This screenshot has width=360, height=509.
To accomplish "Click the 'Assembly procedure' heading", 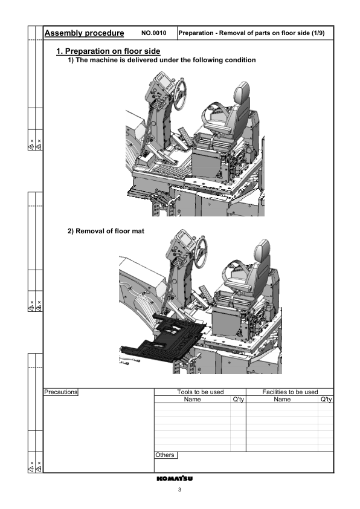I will (x=85, y=33).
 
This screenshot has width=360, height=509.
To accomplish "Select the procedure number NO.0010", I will (x=153, y=33).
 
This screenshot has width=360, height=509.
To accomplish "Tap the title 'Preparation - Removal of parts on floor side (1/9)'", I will (x=252, y=33).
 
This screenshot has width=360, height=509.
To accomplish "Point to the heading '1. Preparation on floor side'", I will (x=108, y=51).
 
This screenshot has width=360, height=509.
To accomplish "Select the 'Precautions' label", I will (x=62, y=392).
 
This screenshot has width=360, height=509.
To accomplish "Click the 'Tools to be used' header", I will (x=201, y=392).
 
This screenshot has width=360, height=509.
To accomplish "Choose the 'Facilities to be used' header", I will (x=290, y=392).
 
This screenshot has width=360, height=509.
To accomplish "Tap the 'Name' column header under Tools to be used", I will (x=192, y=399).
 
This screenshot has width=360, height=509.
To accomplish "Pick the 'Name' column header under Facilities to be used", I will (x=282, y=399).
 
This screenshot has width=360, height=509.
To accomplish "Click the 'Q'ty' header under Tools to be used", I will (x=238, y=399).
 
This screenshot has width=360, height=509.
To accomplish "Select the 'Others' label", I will (x=165, y=455).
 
